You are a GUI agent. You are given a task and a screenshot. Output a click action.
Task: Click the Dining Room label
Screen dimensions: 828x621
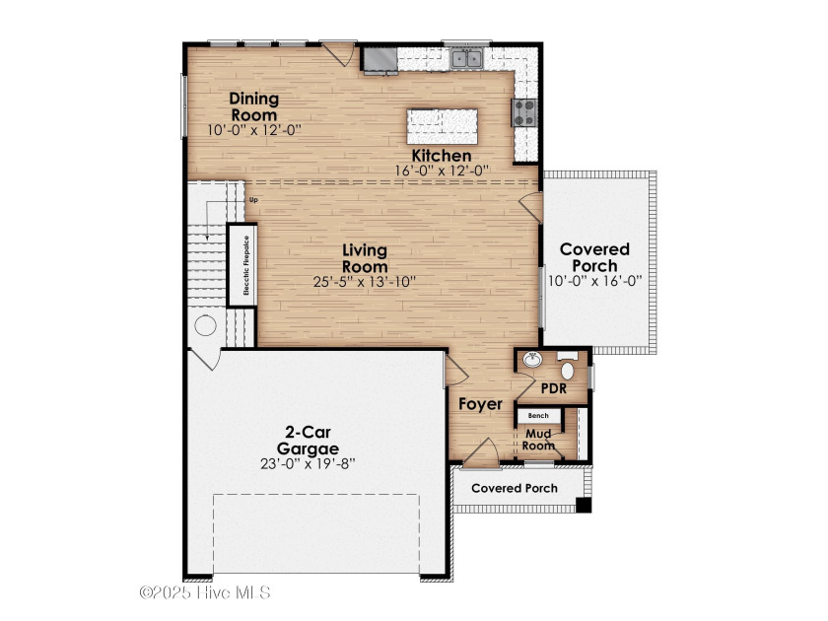(254, 106)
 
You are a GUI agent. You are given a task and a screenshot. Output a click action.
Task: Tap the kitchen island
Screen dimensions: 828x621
(443, 126)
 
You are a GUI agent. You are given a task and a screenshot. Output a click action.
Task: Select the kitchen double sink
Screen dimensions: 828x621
(467, 58)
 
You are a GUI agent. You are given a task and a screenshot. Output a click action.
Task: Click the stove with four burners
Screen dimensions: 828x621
(524, 112)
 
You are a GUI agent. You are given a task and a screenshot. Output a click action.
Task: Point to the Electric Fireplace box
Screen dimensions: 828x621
(242, 265)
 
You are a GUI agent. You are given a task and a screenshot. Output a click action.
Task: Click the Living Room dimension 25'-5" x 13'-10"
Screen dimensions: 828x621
(365, 282)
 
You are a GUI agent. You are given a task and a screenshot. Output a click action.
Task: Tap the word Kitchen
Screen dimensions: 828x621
(442, 156)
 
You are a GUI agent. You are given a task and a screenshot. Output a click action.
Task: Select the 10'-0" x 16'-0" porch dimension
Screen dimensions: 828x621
(594, 281)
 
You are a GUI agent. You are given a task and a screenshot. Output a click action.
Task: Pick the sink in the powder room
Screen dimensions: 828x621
(532, 360)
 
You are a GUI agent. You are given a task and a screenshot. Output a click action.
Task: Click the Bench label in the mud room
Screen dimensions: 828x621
(538, 416)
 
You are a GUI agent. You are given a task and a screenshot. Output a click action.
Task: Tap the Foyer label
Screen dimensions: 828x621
(481, 404)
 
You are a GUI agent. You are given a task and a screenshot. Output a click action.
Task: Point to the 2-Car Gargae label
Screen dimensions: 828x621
(308, 441)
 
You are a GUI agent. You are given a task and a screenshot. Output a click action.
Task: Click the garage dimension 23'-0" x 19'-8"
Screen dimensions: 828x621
(308, 463)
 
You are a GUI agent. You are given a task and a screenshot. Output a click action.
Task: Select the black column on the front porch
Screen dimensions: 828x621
(583, 505)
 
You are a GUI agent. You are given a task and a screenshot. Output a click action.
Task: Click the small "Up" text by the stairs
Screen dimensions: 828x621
(254, 200)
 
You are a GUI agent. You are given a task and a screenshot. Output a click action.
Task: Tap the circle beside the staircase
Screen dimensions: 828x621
(205, 325)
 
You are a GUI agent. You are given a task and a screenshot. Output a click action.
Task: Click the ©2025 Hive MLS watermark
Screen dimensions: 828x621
(205, 592)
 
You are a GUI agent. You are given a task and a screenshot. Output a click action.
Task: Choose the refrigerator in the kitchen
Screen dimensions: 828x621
(379, 60)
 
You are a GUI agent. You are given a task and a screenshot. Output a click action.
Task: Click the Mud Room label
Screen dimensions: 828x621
(538, 440)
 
